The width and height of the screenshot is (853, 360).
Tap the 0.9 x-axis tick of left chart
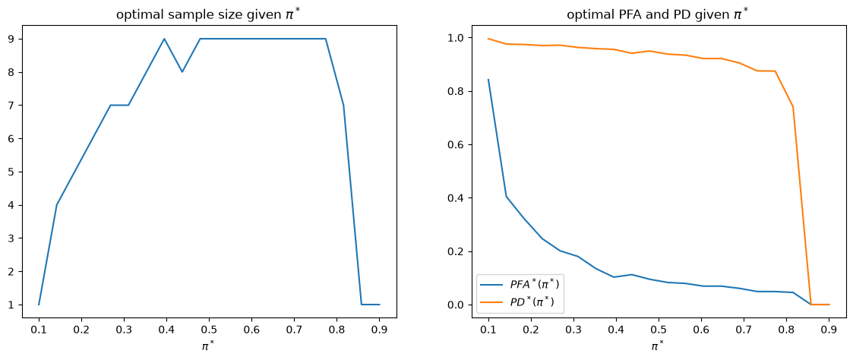[379, 329]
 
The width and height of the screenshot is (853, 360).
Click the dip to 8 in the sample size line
[182, 72]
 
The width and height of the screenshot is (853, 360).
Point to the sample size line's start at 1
[39, 305]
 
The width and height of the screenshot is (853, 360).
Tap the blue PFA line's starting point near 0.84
[488, 80]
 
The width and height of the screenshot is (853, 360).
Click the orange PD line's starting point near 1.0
[488, 39]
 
